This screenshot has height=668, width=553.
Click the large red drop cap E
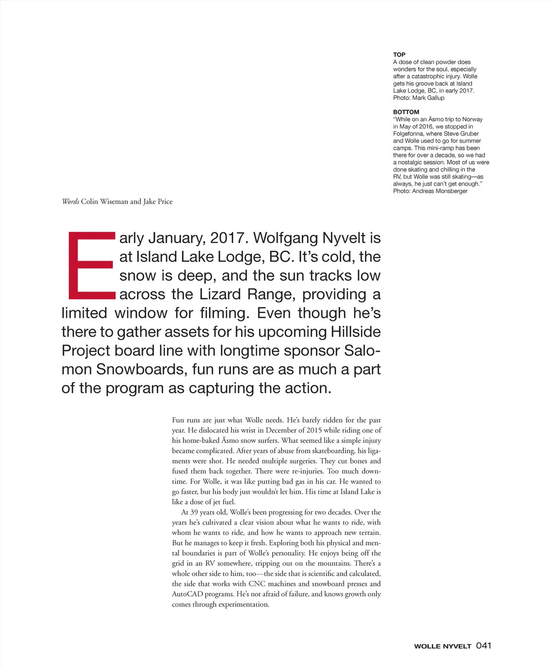[91, 265]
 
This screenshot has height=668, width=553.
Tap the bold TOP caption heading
[399, 54]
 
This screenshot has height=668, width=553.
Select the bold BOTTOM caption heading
[406, 112]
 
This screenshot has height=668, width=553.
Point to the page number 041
[483, 645]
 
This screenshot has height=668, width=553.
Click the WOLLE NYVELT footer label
[442, 646]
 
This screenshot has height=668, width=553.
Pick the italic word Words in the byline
[71, 201]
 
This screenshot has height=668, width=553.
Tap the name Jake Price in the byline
[158, 201]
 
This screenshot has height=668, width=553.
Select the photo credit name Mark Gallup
[429, 98]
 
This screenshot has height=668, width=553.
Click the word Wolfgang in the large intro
[285, 238]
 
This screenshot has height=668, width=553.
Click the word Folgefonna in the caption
[408, 134]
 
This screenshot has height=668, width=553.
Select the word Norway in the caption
[472, 119]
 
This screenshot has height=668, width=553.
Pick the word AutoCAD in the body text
[188, 594]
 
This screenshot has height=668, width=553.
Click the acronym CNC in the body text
[257, 584]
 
